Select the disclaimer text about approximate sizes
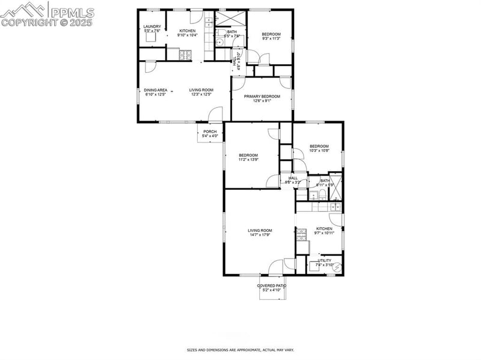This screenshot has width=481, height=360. point(240,349)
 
